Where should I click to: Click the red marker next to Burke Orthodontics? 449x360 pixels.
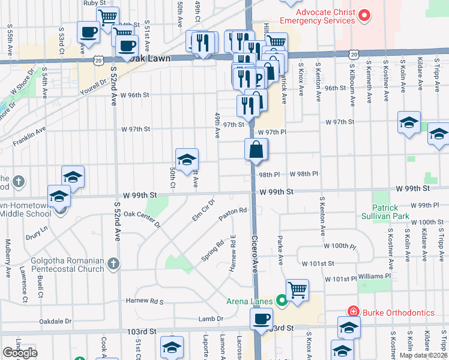click(x=353, y=311)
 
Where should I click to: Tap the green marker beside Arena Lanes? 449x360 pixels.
click(x=281, y=301)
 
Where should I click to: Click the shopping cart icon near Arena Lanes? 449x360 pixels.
click(x=297, y=290)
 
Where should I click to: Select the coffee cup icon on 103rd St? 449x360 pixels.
click(x=261, y=319)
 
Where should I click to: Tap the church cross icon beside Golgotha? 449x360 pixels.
click(x=113, y=263)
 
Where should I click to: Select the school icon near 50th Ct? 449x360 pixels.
click(x=187, y=159)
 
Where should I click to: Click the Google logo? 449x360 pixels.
click(x=19, y=353)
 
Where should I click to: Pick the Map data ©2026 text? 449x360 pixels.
click(x=423, y=355)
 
